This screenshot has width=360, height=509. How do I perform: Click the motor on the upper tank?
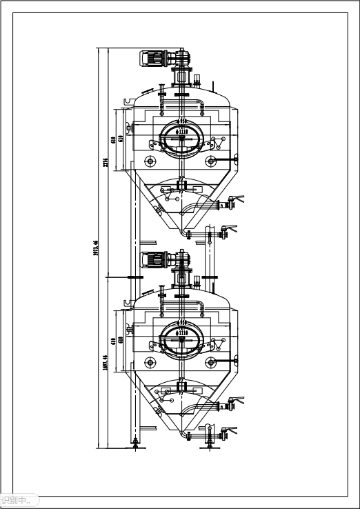(x=154, y=59)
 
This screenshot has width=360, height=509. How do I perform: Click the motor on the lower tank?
(x=154, y=260)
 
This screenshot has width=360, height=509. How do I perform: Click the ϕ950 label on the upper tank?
(x=182, y=123)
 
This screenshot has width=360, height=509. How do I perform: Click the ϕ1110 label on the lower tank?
(x=182, y=332)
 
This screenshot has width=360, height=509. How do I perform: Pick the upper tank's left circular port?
(x=150, y=161)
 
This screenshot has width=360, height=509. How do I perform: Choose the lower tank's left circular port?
(x=150, y=363)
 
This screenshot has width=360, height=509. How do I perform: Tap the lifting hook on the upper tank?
(x=128, y=102)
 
